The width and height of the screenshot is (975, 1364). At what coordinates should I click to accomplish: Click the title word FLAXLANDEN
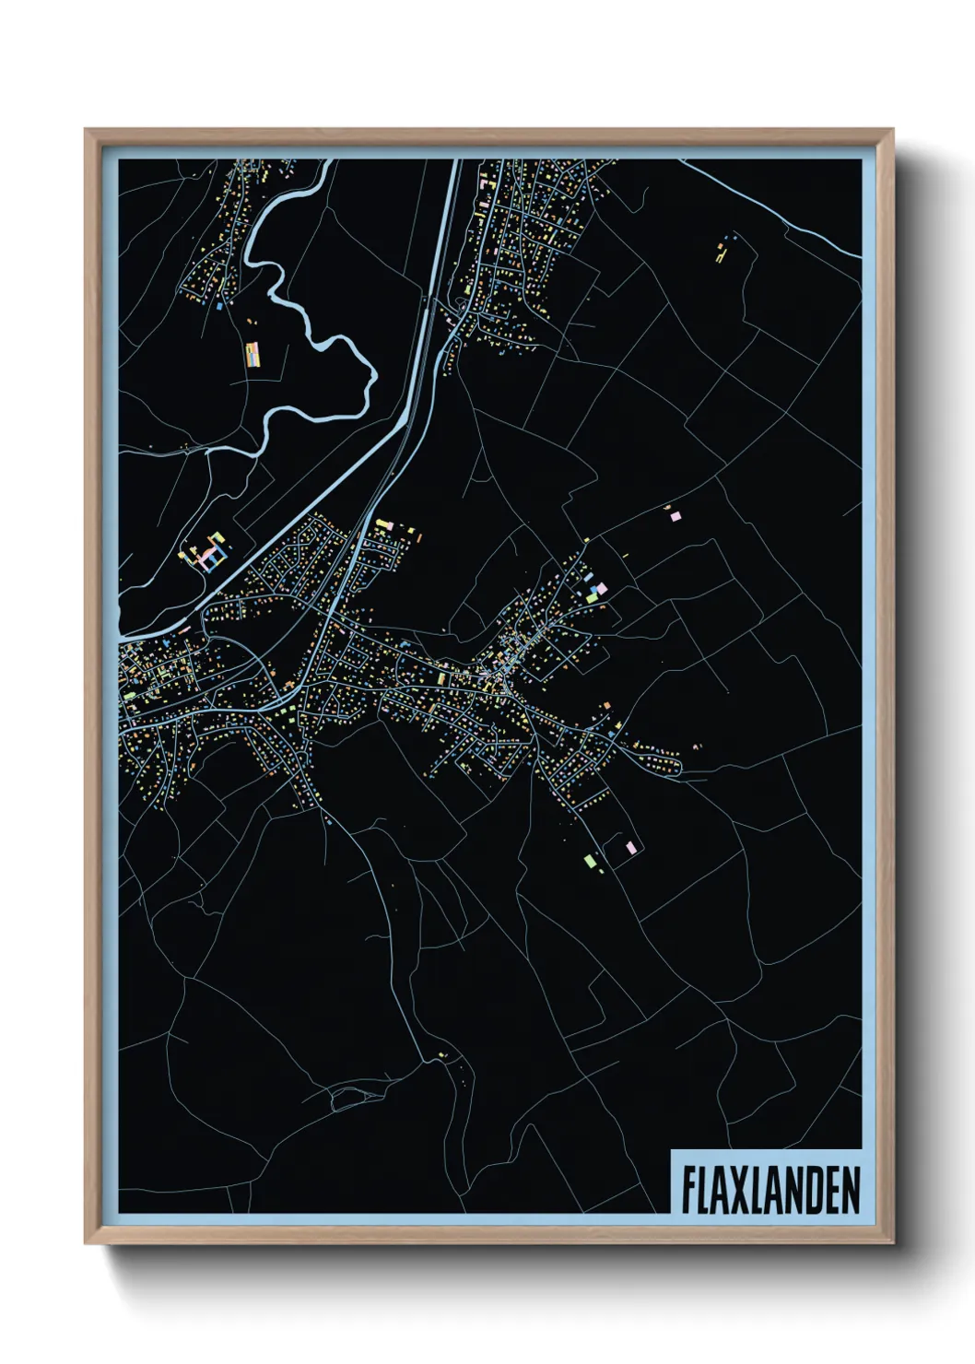(770, 1190)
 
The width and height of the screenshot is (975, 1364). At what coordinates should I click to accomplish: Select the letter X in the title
(732, 1190)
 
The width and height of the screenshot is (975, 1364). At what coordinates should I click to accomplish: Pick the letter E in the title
(831, 1190)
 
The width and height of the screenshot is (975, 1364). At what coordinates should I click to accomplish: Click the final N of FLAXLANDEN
(852, 1190)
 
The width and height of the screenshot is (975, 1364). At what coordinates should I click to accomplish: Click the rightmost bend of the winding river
(373, 378)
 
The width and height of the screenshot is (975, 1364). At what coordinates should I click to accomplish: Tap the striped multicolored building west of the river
(253, 355)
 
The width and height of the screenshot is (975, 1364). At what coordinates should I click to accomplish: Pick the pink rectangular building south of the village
(631, 847)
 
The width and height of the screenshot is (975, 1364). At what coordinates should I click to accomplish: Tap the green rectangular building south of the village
(589, 861)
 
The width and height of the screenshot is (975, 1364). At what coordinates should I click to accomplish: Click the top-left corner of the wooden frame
(86, 130)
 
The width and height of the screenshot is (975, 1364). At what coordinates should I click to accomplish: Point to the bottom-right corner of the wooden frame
(893, 1242)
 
